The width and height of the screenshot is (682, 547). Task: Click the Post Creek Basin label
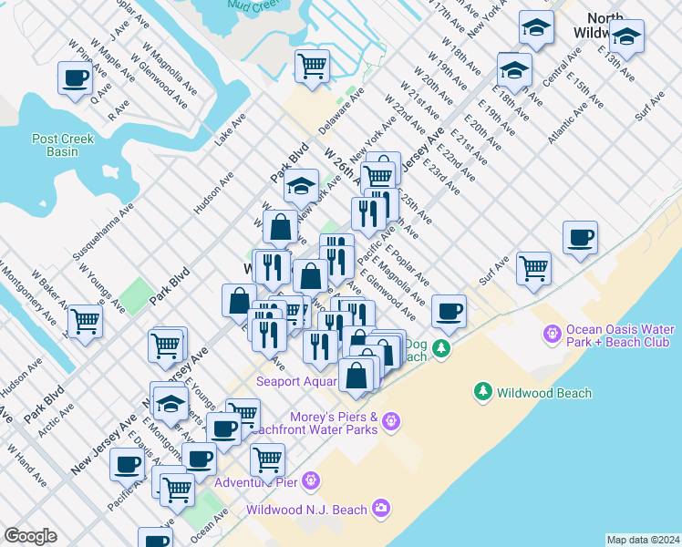click(56, 145)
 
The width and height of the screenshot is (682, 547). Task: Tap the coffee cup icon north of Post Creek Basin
click(75, 78)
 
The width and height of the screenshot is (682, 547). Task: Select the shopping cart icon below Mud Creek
click(312, 67)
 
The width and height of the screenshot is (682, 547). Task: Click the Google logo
click(30, 536)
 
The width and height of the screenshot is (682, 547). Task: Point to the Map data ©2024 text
click(643, 540)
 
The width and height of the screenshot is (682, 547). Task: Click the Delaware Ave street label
click(341, 109)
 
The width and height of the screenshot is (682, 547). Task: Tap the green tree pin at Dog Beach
click(441, 348)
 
